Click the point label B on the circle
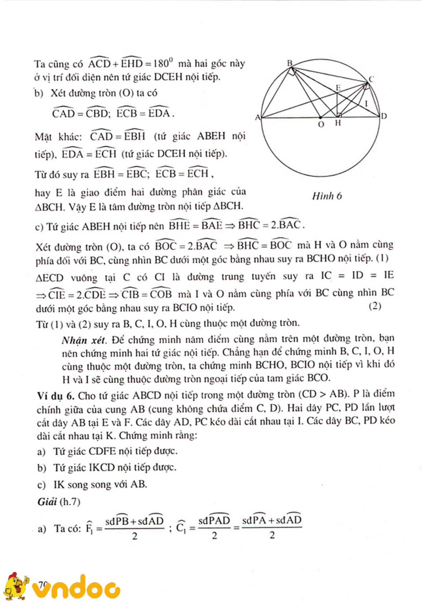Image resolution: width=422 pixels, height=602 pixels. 290,63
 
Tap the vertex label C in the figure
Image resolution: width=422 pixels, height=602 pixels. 371,79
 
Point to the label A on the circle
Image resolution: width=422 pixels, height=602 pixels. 257,117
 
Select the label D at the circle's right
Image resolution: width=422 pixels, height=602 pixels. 384,116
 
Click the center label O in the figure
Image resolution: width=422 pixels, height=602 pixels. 321,124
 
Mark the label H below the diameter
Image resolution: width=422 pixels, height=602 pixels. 338,123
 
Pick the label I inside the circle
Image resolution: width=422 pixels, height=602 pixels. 366,103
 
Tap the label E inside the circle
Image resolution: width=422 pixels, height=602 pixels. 338,88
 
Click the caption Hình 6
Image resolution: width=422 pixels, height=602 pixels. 327,196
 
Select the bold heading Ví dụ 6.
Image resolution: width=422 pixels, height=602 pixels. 55,396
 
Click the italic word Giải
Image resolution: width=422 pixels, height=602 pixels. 47,501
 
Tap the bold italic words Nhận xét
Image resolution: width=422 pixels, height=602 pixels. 84,340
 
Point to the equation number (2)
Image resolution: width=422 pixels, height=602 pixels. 375,306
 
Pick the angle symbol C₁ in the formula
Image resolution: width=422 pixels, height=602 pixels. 181,528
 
